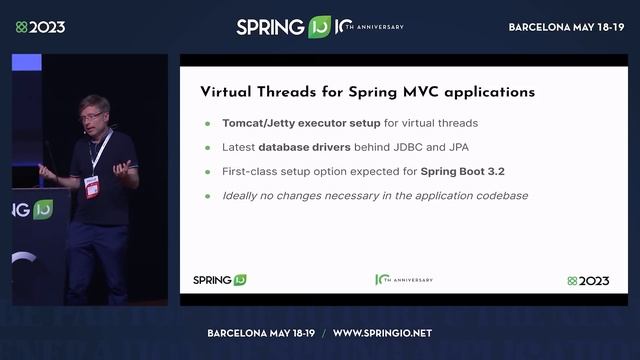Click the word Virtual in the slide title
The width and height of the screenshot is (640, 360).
tap(225, 92)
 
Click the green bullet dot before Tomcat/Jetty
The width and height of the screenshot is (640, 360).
tap(208, 124)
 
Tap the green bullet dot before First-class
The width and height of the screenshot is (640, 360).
tap(208, 172)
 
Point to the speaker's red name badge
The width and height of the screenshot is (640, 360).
tap(92, 186)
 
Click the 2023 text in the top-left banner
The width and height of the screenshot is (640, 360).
tap(47, 27)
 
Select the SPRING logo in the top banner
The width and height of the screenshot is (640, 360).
tap(270, 27)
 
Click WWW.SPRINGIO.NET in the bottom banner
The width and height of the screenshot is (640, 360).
tap(382, 332)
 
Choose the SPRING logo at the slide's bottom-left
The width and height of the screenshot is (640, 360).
tap(219, 281)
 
